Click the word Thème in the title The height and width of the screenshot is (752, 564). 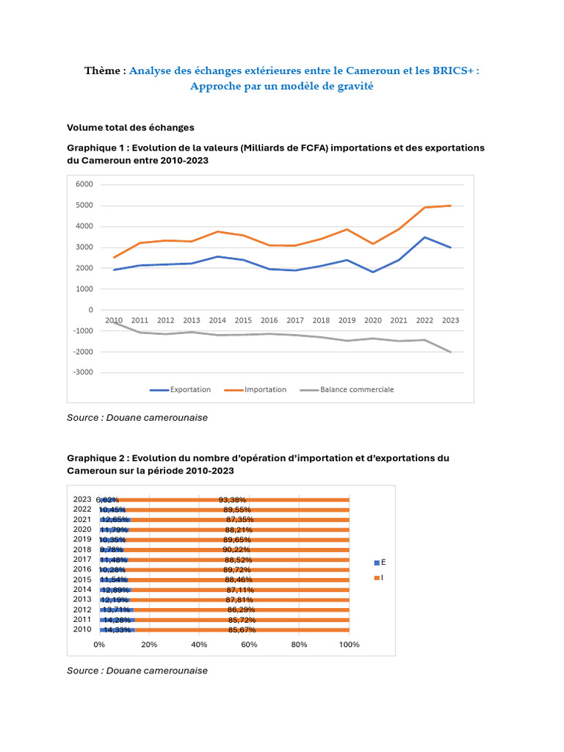(x=102, y=70)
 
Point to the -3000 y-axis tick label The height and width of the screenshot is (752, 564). (x=83, y=372)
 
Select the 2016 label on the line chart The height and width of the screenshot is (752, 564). (x=269, y=321)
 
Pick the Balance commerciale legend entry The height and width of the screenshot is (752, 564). (x=356, y=390)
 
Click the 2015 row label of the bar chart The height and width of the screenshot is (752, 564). (x=82, y=579)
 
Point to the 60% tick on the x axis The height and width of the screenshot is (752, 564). (x=249, y=645)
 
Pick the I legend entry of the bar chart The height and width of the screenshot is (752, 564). (x=382, y=578)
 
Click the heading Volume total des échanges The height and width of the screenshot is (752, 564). (x=131, y=127)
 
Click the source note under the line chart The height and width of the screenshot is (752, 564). (x=137, y=417)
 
